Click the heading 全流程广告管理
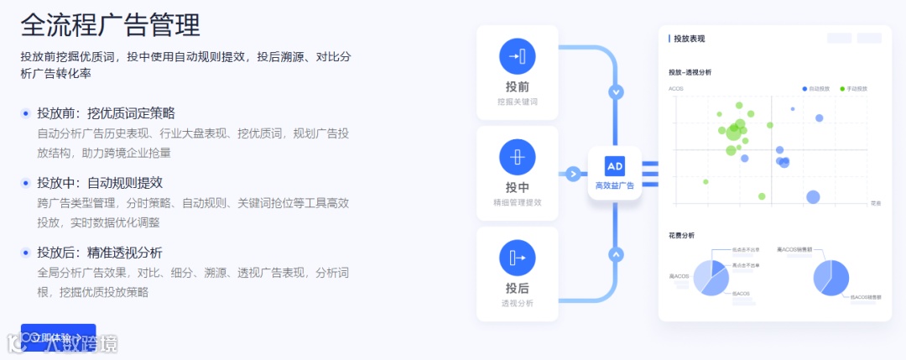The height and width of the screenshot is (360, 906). coord(111,24)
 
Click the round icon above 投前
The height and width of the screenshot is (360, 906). coord(517,56)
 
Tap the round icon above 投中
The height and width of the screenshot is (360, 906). coord(517,157)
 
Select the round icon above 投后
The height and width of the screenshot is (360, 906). coord(517,258)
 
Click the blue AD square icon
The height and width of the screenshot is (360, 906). coord(615,165)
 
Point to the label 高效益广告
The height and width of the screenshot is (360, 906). coord(615,185)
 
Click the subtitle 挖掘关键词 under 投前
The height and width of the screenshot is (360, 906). coord(517,102)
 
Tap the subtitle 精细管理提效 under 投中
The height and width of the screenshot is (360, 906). coord(517,202)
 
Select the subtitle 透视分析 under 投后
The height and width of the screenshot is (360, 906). coord(517,303)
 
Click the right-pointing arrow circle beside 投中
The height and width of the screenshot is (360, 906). coord(574,175)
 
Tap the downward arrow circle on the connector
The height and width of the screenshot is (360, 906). coord(617,91)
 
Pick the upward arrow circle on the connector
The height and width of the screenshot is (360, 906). coord(617,253)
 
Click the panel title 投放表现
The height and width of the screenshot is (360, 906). coord(689,39)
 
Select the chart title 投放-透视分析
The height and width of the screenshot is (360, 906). coord(690,72)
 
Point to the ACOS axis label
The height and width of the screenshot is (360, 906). coord(675,88)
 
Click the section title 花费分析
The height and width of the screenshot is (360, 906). coord(681,235)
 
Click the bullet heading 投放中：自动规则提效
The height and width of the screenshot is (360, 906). coord(100,182)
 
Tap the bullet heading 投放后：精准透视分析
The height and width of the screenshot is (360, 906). coord(100,252)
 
